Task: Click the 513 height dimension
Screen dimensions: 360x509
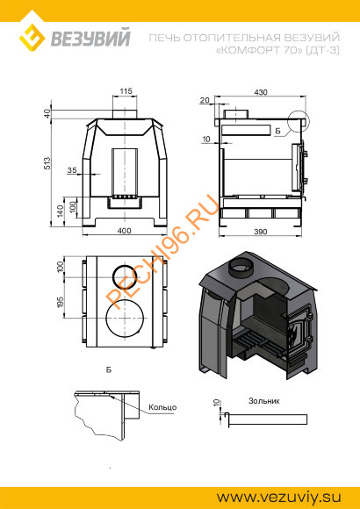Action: tap(47, 163)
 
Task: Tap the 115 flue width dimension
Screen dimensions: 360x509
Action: tap(126, 91)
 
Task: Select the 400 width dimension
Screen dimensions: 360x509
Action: tap(124, 231)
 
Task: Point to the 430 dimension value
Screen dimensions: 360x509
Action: tap(261, 92)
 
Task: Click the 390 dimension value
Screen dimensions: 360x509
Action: tap(261, 232)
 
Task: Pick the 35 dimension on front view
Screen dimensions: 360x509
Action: tap(72, 169)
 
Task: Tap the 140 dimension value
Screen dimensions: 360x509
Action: tap(59, 211)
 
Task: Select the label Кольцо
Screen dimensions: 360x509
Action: tap(162, 407)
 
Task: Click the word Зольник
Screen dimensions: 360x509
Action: tap(264, 401)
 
